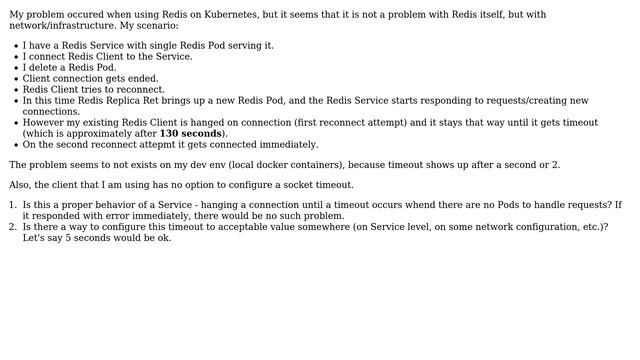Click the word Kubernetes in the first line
(x=263, y=15)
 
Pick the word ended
(x=141, y=79)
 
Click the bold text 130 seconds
(x=190, y=134)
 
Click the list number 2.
(x=13, y=227)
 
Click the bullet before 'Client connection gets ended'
(x=16, y=79)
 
